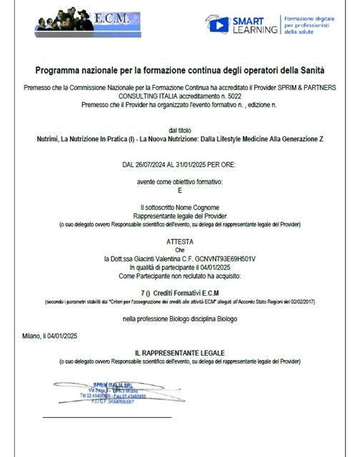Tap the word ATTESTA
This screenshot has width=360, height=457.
point(180,242)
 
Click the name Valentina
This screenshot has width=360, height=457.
point(181,258)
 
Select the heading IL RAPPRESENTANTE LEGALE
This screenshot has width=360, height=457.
point(180,353)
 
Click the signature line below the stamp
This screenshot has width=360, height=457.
point(107,416)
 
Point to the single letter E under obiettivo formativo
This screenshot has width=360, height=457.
point(180,191)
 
